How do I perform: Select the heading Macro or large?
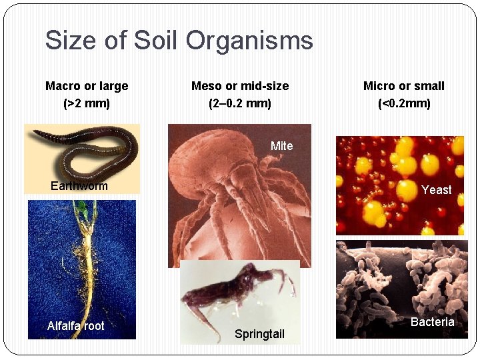point(87,86)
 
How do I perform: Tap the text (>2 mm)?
point(87,104)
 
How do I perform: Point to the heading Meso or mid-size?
point(240,86)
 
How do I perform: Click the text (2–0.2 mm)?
point(240,104)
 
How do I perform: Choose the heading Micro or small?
point(403,86)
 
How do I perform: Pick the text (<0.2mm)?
point(404,104)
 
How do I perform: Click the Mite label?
point(281,146)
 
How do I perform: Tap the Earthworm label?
point(79,186)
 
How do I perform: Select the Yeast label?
point(436,190)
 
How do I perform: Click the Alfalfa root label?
point(75,326)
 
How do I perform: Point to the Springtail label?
point(259,334)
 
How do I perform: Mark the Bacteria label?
point(432,322)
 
